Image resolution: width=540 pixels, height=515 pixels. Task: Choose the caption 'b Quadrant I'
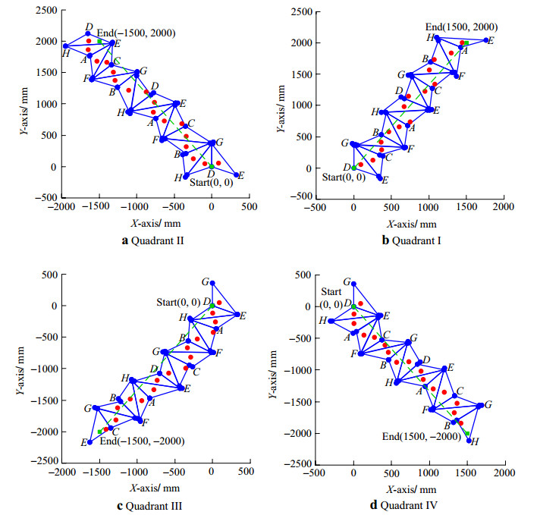point(412,241)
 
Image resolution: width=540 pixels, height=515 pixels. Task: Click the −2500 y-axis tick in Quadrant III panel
point(37,461)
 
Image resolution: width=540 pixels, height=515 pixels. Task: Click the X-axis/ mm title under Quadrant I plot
point(412,224)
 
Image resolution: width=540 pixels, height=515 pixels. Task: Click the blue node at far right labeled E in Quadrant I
point(487,40)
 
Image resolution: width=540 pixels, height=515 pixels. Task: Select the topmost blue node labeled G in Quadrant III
point(212,284)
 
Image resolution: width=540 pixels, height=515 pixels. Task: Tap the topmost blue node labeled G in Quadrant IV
point(353,283)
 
